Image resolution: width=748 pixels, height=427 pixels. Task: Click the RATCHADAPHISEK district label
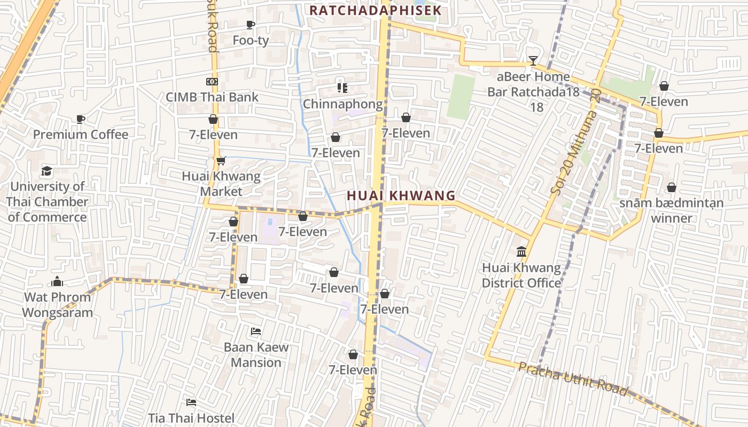point(375,10)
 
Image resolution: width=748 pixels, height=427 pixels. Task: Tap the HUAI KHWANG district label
point(401,196)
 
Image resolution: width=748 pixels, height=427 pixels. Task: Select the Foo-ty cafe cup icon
point(250,25)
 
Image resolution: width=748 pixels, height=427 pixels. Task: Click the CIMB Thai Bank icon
point(212,82)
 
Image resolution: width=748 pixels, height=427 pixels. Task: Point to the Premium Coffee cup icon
point(81,119)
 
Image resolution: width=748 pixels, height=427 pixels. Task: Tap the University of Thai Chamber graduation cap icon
point(47,171)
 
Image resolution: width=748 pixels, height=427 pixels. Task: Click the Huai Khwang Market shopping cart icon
point(221,161)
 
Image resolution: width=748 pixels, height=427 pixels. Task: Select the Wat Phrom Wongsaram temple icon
point(57,281)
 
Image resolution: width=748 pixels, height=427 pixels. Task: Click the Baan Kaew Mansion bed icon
point(256,331)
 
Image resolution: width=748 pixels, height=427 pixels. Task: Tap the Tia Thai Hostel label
point(191,417)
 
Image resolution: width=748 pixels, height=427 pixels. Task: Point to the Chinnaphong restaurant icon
point(342,88)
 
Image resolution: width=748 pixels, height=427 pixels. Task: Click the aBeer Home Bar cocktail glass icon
point(533,61)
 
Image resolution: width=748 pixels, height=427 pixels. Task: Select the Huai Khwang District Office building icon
point(521,251)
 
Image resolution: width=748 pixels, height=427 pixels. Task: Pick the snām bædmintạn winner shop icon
point(671,187)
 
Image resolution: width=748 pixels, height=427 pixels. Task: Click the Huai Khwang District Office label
point(521,275)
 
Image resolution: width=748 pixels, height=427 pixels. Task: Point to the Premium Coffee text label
point(81,135)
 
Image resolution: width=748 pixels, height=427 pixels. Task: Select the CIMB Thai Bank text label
point(212,97)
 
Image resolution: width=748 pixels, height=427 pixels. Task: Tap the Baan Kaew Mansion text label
point(256,354)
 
